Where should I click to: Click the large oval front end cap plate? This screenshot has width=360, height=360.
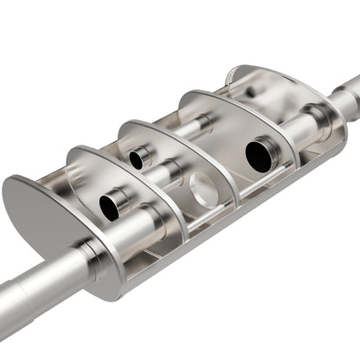click(x=43, y=216)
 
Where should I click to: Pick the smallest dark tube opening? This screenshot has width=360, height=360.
click(x=136, y=160)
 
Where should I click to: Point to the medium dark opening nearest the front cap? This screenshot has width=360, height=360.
click(x=110, y=207)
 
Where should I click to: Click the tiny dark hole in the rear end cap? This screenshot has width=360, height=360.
click(x=250, y=90)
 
